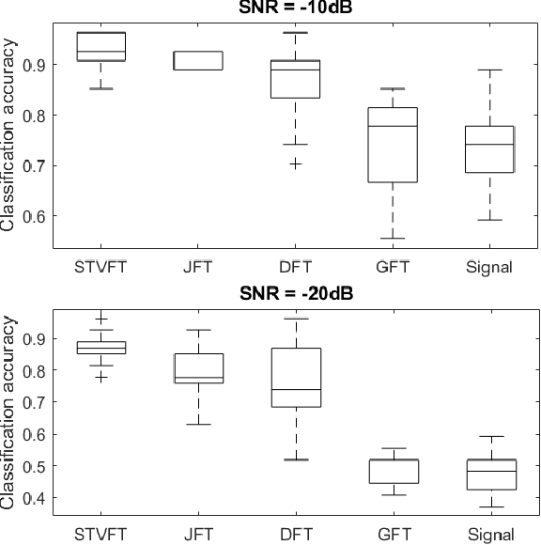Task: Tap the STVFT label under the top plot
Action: [100, 267]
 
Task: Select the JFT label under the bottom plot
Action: [197, 535]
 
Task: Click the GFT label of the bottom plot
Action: [392, 535]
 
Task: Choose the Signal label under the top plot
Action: [489, 267]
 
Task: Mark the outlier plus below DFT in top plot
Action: [295, 163]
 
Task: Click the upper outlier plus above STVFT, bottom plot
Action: [100, 319]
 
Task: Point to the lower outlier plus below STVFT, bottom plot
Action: [100, 377]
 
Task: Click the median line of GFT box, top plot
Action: [392, 126]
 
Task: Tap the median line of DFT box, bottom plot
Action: [295, 389]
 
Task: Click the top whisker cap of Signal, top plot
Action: [489, 70]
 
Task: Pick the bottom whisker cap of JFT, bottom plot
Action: [197, 424]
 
